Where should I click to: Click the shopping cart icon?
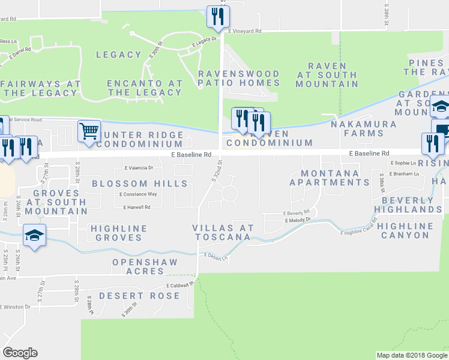point(89,130)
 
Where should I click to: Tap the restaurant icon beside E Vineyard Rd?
point(217,16)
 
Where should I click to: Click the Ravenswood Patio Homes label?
point(239,78)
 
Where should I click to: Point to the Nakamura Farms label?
point(364,124)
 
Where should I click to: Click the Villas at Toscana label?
point(222,232)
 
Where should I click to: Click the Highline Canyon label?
point(406,230)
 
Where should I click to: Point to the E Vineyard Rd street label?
point(244,31)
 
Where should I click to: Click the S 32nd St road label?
point(217,172)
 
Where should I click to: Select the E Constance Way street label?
point(138,194)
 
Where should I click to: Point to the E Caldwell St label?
point(179,286)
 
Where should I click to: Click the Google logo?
point(20,353)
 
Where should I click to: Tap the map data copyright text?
point(411,355)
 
